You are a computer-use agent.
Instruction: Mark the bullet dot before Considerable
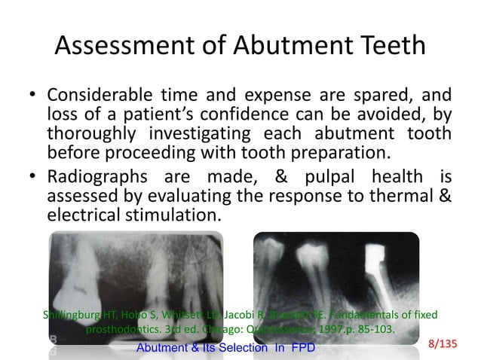(33, 98)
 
